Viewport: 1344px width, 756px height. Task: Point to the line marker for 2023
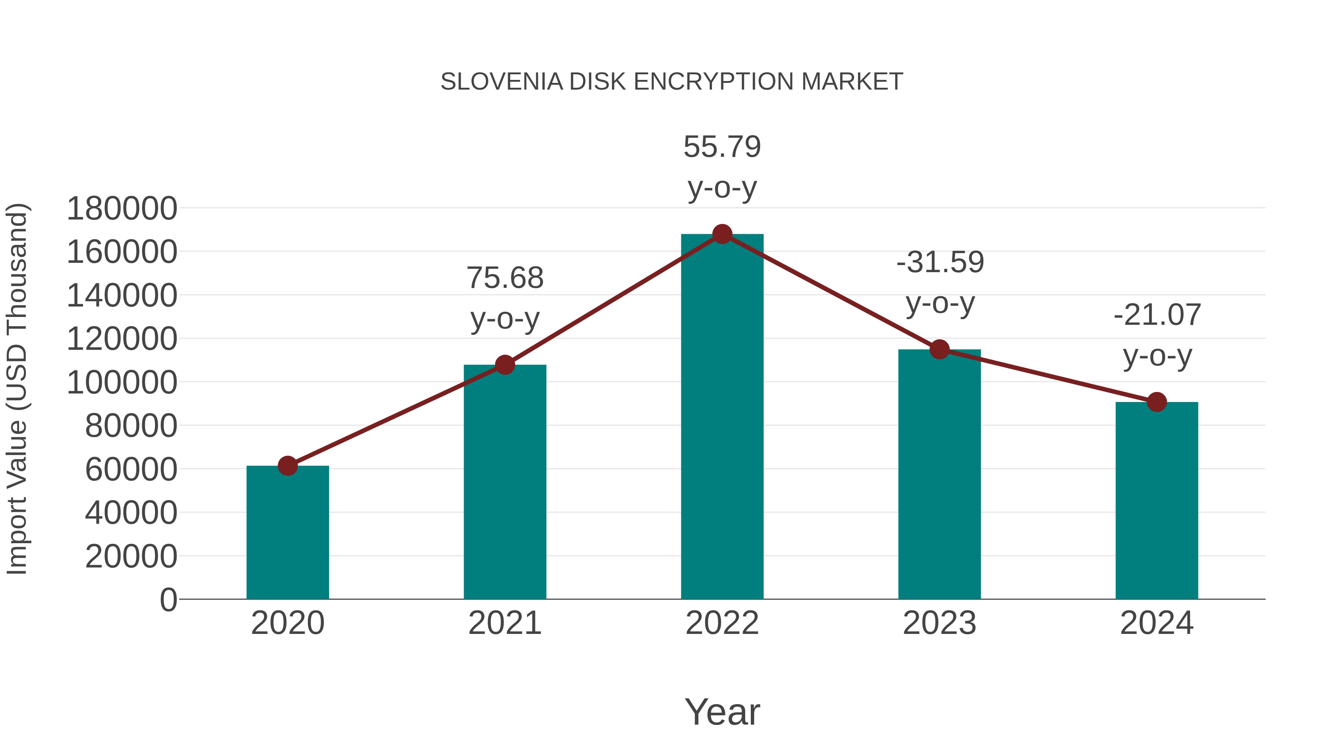(x=940, y=349)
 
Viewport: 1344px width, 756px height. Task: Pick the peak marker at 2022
(x=722, y=234)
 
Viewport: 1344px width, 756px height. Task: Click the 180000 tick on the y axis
(x=122, y=209)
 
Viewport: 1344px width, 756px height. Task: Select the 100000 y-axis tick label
(x=122, y=382)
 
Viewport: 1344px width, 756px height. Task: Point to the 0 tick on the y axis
(x=168, y=600)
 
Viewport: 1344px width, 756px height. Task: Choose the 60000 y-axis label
(x=131, y=469)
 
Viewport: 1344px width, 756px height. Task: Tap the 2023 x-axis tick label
(x=940, y=623)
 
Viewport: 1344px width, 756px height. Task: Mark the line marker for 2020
(x=287, y=466)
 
